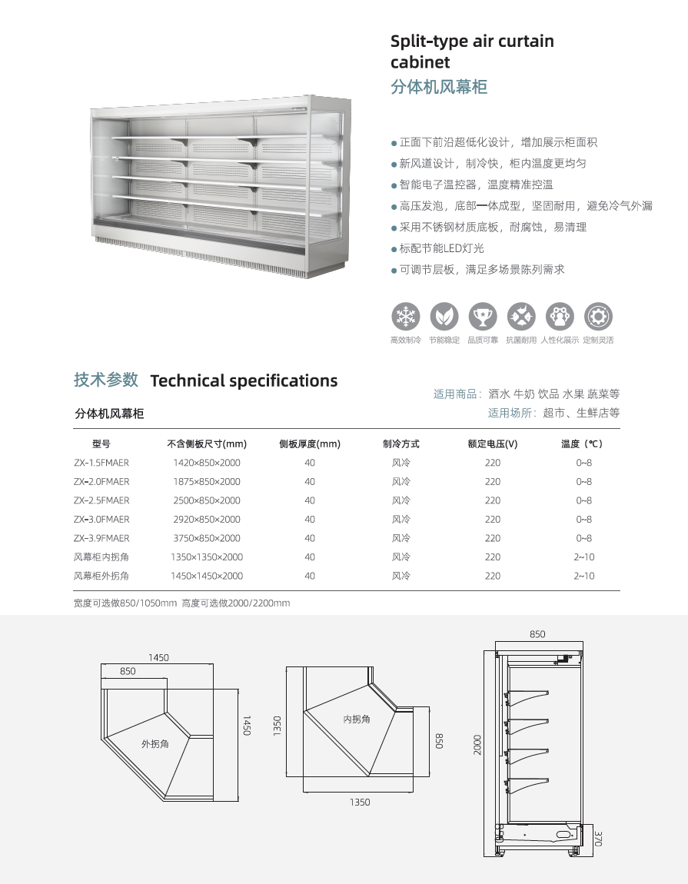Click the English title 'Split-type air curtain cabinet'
[472, 52]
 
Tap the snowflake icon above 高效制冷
[405, 316]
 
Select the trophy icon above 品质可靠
[482, 316]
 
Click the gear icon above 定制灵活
[598, 316]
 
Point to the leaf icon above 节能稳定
[444, 316]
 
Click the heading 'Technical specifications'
[244, 381]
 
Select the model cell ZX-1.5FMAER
[101, 463]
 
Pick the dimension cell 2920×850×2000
[207, 520]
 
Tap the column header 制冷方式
[401, 444]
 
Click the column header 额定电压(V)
[493, 444]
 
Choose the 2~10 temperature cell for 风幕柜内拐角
[584, 557]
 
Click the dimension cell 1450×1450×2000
[207, 576]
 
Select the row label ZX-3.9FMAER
[101, 538]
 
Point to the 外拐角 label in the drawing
[155, 744]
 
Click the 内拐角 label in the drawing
[357, 719]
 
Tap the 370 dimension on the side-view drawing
[598, 838]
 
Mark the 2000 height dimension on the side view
[477, 744]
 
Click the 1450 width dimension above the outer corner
[158, 657]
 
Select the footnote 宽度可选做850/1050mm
[125, 603]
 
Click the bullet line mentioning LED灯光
[442, 248]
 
